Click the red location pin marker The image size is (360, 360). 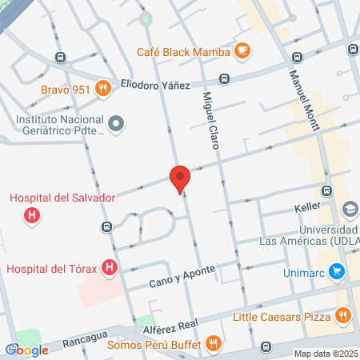pos(180,178)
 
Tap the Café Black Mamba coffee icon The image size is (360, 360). pos(242,51)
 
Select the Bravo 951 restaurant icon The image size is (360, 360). pos(102,89)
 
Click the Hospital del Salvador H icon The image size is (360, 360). pos(32,215)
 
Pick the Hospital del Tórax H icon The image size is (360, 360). pos(111,268)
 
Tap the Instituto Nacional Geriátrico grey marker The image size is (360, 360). pos(117,123)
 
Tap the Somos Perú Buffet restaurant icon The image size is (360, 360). pos(214,343)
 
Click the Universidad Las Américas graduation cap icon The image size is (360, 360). pos(350,209)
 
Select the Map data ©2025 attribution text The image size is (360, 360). pos(325,354)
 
